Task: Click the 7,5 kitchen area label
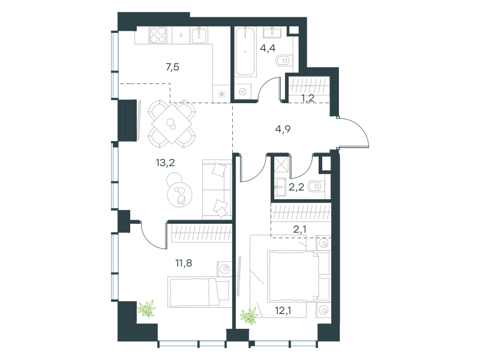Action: [172, 67]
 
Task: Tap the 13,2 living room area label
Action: [166, 163]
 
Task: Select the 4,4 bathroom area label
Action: [268, 48]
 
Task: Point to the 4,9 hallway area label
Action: [283, 129]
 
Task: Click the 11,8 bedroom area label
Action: [184, 263]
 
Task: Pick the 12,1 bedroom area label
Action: [283, 310]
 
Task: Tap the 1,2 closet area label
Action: [308, 98]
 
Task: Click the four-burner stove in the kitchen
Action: [158, 35]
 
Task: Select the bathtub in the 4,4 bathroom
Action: [245, 52]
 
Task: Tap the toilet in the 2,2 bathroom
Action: [316, 186]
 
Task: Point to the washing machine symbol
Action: [243, 92]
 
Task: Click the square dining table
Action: [172, 124]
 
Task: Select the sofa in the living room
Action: [217, 190]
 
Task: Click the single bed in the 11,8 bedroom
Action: [199, 292]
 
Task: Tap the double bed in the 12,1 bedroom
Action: [299, 277]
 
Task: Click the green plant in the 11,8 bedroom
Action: [147, 308]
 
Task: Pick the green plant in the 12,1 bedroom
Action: [249, 316]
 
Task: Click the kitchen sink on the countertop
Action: [199, 35]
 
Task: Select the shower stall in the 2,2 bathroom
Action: [280, 164]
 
